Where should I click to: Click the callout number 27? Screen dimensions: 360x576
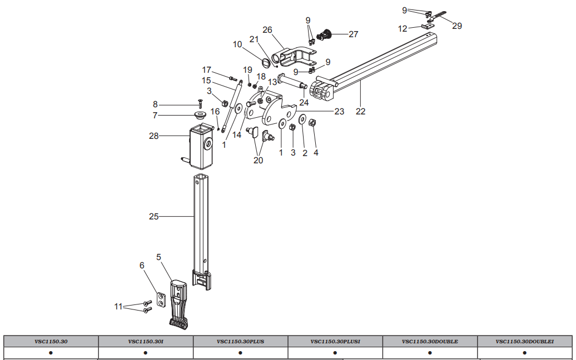354,34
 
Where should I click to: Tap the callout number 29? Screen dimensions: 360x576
456,26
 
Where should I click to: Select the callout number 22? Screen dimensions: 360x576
360,111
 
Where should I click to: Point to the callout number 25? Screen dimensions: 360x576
153,216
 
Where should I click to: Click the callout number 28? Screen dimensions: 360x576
154,136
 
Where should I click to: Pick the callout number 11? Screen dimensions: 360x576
118,306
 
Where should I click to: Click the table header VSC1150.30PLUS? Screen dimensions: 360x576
240,341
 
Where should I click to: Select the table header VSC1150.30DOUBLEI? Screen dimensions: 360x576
524,341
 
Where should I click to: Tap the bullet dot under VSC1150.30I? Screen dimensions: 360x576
146,352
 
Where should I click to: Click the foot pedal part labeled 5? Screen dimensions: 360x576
179,303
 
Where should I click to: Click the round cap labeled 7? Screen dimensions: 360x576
198,116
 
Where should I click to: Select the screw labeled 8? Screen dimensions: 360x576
200,103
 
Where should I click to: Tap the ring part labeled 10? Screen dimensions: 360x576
266,61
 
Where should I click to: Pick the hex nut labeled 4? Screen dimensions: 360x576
312,123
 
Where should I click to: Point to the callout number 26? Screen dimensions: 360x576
267,29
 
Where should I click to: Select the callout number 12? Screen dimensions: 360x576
403,28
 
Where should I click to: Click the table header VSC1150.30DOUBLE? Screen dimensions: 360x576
430,341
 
